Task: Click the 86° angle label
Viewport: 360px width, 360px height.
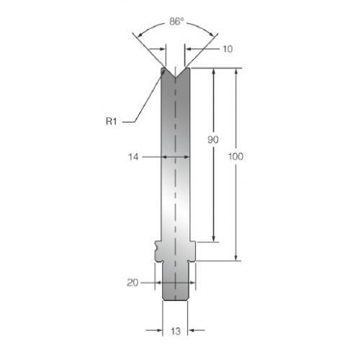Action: pos(176,22)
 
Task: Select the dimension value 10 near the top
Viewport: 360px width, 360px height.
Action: pos(228,49)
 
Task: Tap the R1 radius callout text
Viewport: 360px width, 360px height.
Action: pos(111,122)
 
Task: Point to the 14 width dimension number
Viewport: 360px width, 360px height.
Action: pos(133,157)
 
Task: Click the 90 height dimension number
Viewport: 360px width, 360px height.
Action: pos(213,140)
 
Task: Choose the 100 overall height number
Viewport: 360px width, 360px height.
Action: pos(235,156)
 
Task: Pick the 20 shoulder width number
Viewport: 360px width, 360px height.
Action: pos(132,283)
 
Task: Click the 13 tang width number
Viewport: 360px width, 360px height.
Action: pos(176,331)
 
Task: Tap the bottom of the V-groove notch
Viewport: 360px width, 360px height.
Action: pos(176,77)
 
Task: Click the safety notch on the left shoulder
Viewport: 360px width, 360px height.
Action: pos(157,247)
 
